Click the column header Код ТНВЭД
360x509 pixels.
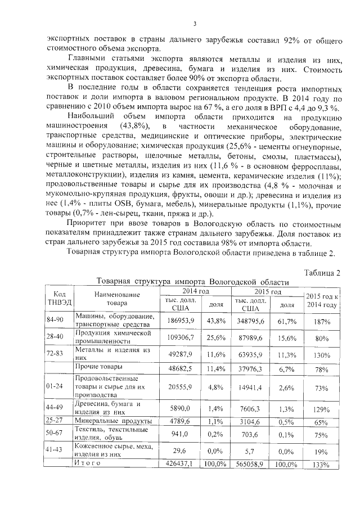(x=58, y=298)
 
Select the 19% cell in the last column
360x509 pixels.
(x=322, y=451)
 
